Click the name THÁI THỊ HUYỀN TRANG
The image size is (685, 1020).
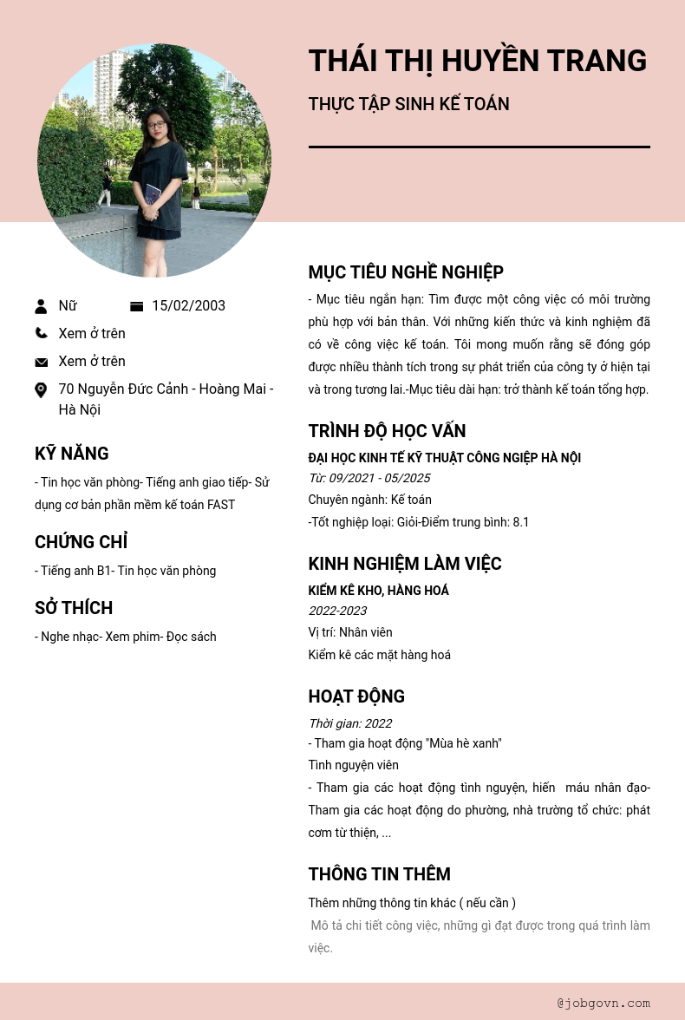[477, 61]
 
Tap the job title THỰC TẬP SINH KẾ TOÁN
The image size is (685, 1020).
[408, 104]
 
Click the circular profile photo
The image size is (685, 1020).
[154, 160]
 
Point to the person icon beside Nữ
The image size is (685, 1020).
[41, 306]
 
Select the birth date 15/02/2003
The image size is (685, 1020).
[188, 306]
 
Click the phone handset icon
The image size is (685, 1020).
[41, 333]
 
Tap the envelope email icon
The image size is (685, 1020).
[41, 362]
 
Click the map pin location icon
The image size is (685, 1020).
[41, 390]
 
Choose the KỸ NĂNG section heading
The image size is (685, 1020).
[72, 454]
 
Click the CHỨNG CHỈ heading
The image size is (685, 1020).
[81, 542]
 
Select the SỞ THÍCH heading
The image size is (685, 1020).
[74, 608]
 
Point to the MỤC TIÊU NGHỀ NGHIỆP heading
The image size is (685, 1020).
[406, 272]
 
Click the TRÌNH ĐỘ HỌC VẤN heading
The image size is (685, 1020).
[387, 431]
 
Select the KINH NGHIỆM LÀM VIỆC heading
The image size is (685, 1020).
[405, 564]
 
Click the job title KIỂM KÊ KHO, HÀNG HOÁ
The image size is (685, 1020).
[378, 591]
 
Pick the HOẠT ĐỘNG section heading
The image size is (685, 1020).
[356, 696]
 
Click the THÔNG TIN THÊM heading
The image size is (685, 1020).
[379, 874]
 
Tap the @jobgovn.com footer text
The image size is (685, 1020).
[603, 1003]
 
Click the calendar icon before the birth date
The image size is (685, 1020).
[136, 306]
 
